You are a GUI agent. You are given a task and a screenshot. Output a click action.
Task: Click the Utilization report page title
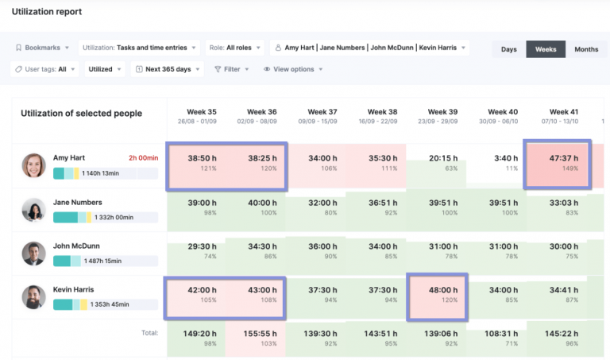[46, 12]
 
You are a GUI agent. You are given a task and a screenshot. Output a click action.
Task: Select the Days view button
[509, 48]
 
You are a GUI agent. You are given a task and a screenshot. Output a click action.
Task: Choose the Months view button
[585, 48]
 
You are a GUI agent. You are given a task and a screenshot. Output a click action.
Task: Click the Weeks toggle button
[546, 48]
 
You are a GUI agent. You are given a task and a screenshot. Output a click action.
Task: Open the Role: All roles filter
[234, 48]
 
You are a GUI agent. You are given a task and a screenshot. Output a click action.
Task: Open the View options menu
[293, 69]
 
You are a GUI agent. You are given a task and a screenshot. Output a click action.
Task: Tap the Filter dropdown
[232, 69]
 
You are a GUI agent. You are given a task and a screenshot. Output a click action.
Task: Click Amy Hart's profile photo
[33, 165]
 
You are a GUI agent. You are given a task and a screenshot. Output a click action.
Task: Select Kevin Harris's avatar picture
[33, 297]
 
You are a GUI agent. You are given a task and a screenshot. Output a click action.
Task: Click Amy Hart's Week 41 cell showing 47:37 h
[564, 163]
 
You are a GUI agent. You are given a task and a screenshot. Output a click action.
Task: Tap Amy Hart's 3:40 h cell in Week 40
[502, 163]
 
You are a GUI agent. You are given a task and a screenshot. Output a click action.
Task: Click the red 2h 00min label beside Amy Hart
[144, 158]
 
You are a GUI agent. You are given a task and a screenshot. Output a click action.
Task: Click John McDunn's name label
[75, 246]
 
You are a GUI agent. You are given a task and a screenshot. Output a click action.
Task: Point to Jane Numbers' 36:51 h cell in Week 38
[382, 207]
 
